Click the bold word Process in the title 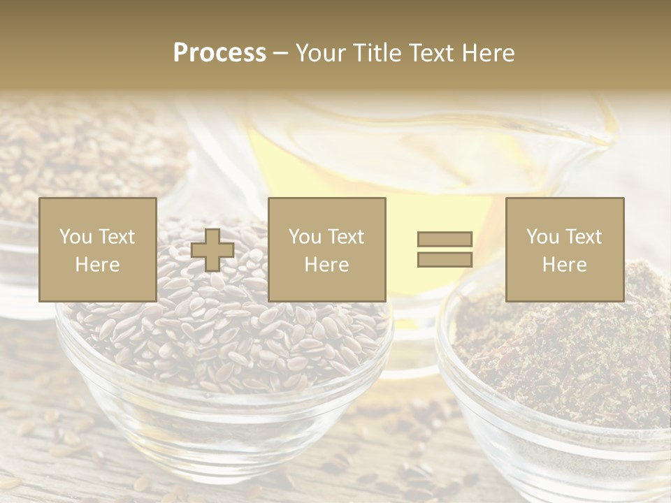point(219,52)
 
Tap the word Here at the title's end point(487,52)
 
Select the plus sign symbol point(212,250)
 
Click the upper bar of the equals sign point(445,239)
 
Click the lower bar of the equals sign point(445,260)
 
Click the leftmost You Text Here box point(97,249)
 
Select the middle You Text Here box point(326,249)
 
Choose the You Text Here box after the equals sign point(564,249)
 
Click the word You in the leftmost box point(74,237)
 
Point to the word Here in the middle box point(326,265)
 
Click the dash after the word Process point(280,54)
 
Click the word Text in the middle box point(346,237)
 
